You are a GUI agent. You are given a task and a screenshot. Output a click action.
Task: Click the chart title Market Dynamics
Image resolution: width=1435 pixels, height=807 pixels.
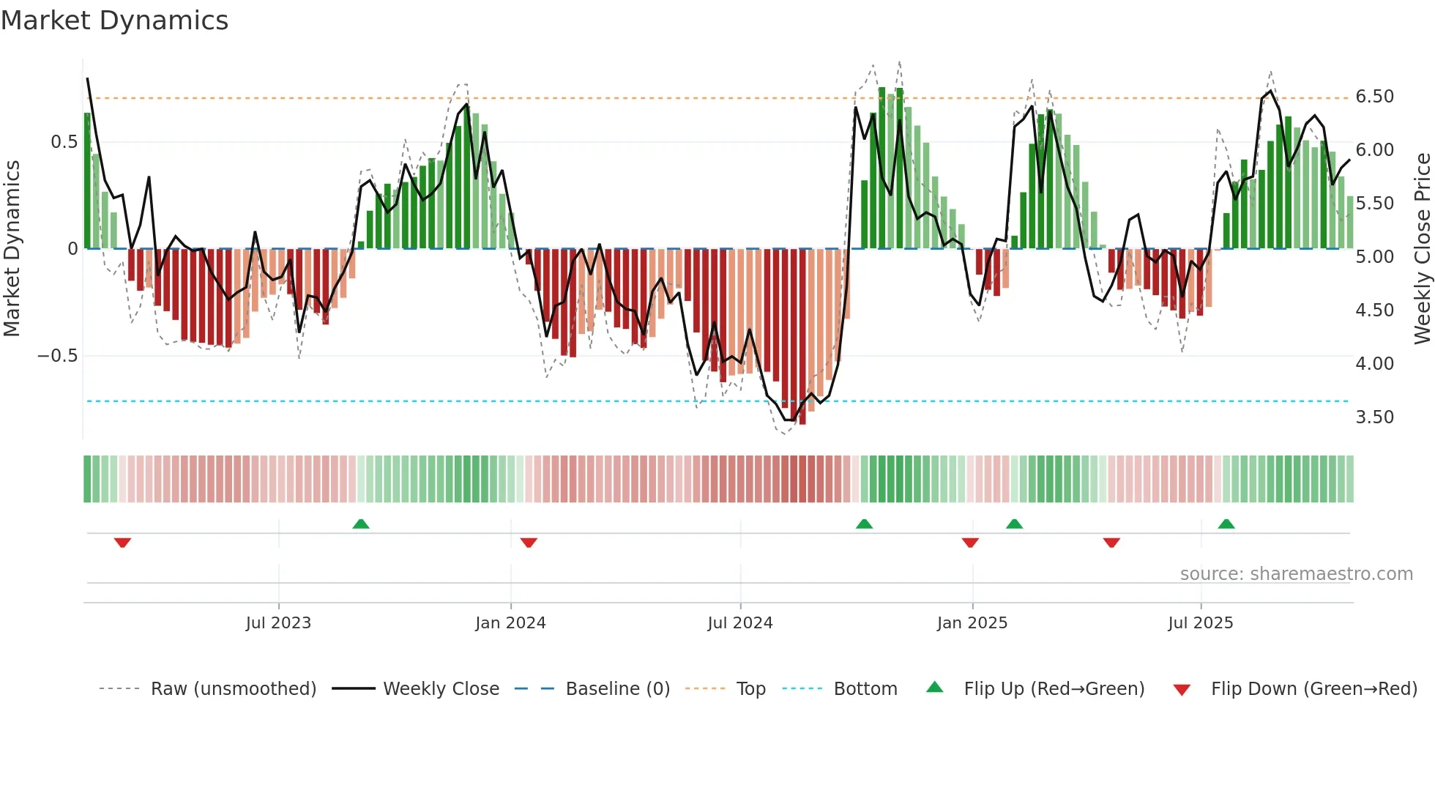pyautogui.click(x=114, y=21)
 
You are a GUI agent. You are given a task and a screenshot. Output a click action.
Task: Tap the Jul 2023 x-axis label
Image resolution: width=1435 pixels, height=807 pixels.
pyautogui.click(x=278, y=623)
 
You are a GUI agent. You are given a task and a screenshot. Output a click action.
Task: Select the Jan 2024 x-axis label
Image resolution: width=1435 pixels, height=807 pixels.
pyautogui.click(x=510, y=623)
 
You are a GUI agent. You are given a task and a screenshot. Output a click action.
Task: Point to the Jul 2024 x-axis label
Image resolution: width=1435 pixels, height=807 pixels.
pyautogui.click(x=740, y=623)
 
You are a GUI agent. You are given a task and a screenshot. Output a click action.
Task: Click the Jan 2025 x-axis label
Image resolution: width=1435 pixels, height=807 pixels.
pyautogui.click(x=972, y=623)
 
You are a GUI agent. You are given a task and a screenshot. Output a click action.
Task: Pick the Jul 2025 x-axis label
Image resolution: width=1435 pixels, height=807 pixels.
pyautogui.click(x=1201, y=623)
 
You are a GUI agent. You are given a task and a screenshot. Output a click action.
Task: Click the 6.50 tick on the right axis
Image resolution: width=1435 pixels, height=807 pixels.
pyautogui.click(x=1374, y=97)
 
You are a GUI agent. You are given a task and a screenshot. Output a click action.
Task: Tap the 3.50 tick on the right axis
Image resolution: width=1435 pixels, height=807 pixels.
pyautogui.click(x=1374, y=417)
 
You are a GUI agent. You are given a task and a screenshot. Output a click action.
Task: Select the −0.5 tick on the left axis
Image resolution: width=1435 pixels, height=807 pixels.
pyautogui.click(x=57, y=356)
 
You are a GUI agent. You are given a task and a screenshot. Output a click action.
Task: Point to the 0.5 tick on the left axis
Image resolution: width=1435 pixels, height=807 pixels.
pyautogui.click(x=64, y=142)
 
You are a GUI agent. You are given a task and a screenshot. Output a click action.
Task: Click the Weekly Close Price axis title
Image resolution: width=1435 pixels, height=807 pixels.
pyautogui.click(x=1422, y=248)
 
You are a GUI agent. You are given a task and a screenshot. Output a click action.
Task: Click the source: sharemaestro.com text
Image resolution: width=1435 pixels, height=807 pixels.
pyautogui.click(x=1296, y=574)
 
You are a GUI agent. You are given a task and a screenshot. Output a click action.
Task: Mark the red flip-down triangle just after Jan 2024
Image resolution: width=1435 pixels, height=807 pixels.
pyautogui.click(x=529, y=543)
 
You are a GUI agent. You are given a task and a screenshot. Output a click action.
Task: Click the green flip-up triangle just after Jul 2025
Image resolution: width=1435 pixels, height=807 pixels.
pyautogui.click(x=1226, y=524)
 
